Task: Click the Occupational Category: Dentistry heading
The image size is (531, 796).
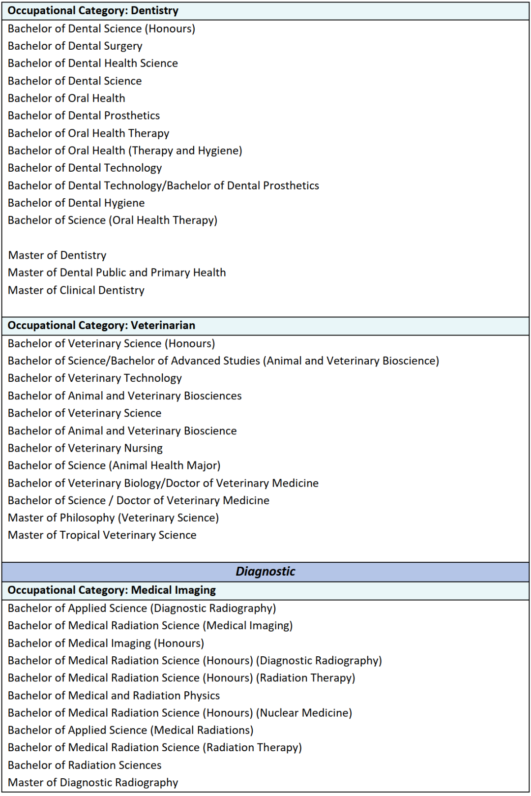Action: point(93,11)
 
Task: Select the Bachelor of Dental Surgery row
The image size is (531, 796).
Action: point(75,46)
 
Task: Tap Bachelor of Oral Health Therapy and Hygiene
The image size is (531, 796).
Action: point(125,151)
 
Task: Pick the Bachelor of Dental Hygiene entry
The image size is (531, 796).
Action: point(76,203)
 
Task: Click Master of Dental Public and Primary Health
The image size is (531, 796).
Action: point(117,273)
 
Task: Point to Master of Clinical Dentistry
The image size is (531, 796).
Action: point(76,290)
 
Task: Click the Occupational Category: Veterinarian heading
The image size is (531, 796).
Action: point(101,325)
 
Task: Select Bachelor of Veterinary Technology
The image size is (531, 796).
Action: point(95,378)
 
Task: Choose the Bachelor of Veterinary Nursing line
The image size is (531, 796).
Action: point(85,448)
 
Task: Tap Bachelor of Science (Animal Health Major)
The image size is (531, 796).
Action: point(114,465)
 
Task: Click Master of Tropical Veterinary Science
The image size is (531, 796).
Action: point(102,535)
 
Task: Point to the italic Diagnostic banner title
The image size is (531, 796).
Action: point(265,571)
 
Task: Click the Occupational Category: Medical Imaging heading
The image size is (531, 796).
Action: point(112,590)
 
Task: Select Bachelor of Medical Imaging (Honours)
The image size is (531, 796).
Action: point(106,643)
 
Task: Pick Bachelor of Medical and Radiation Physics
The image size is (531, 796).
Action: point(114,696)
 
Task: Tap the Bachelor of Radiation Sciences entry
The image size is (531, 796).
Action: point(85,765)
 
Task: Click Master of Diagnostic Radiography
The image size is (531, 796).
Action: point(93,783)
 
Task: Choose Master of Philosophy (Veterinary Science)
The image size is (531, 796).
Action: point(113,518)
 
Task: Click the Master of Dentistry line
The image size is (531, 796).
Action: point(57,255)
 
